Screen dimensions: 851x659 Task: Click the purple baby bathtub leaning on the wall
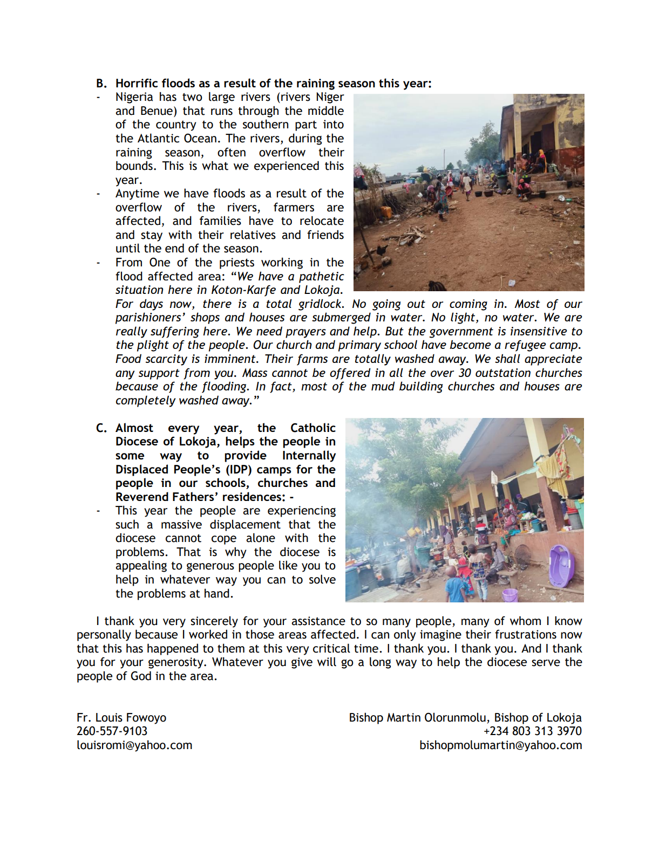tap(561, 566)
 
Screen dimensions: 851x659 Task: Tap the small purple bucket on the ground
tap(509, 595)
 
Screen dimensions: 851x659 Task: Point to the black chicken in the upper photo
tap(382, 250)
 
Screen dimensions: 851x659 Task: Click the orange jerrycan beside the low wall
tap(386, 211)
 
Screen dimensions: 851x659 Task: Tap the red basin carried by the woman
tap(449, 190)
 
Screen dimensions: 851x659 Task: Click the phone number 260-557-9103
tap(112, 731)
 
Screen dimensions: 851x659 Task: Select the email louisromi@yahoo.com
tap(134, 745)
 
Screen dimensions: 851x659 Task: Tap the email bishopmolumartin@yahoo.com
tap(500, 745)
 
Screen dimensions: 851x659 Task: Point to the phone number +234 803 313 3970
tap(532, 731)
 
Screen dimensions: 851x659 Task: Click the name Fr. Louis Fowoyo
tap(121, 718)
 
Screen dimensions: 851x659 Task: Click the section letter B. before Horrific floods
tap(101, 84)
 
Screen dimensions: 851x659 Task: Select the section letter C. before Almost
tap(101, 428)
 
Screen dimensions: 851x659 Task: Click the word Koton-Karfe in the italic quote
tap(243, 290)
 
